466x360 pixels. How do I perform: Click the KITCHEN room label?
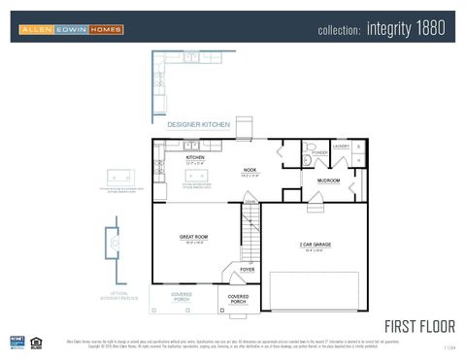click(x=195, y=157)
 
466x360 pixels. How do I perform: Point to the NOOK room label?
click(x=250, y=171)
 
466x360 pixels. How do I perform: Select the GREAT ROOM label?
click(x=195, y=237)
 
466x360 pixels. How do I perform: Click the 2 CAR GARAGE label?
click(x=315, y=245)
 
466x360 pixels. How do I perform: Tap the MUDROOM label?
click(x=328, y=180)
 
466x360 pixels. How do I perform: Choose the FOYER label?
click(x=248, y=269)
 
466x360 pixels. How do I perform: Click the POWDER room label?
click(x=319, y=152)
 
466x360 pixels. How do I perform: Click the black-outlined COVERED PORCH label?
click(x=238, y=299)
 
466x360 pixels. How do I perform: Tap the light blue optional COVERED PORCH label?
click(x=182, y=297)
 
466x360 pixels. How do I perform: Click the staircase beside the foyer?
click(x=251, y=233)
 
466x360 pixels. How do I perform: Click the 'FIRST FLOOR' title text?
click(x=419, y=325)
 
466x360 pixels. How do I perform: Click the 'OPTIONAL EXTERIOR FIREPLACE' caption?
click(x=118, y=295)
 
